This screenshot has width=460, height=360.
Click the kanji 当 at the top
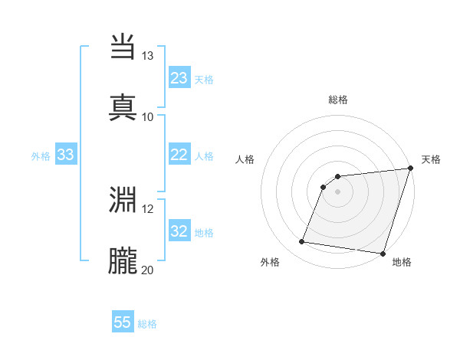(124, 47)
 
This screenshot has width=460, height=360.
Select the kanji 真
(124, 106)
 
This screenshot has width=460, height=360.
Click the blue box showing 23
(179, 78)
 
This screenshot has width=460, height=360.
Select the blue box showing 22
(179, 155)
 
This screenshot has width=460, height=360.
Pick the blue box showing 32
(179, 232)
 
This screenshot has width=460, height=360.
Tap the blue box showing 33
(66, 155)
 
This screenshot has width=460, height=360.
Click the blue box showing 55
(123, 322)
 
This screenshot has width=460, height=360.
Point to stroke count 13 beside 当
(148, 56)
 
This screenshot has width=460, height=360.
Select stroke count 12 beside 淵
(148, 208)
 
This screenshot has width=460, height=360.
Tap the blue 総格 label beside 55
(148, 324)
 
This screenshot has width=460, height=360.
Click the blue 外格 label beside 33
(41, 156)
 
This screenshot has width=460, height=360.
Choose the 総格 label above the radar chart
(338, 100)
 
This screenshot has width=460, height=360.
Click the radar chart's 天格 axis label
(431, 159)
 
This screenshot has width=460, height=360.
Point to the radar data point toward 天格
(410, 169)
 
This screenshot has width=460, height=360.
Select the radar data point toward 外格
(302, 242)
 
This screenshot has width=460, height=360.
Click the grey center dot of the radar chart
(338, 192)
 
